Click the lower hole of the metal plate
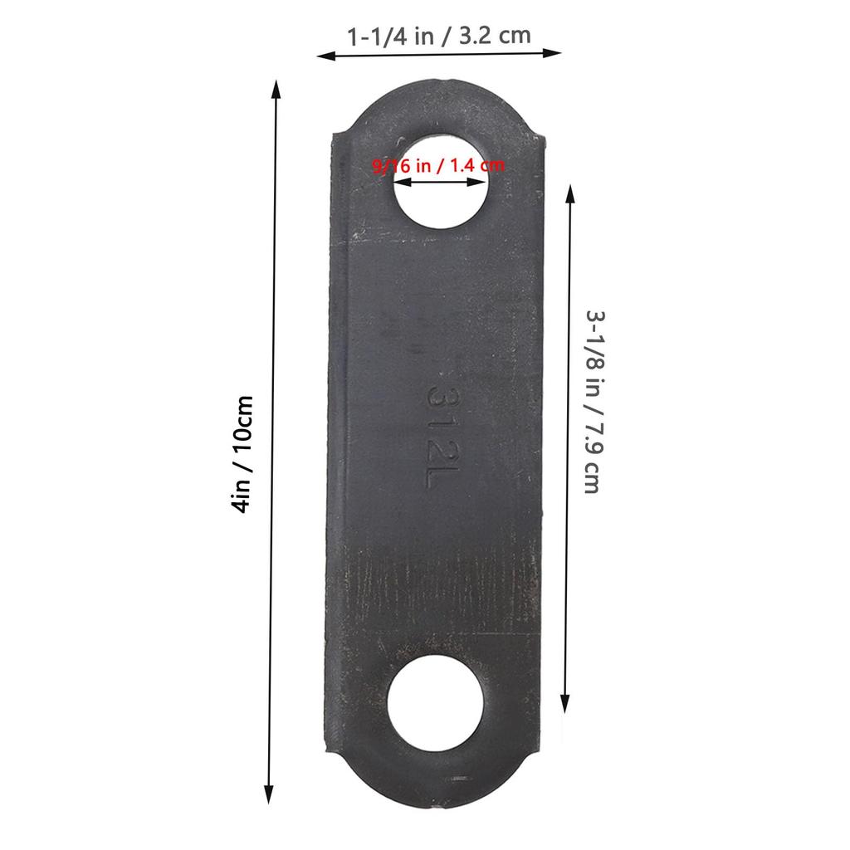click(437, 700)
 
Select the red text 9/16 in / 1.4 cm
click(438, 164)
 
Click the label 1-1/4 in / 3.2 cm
click(439, 36)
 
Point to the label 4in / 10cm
click(242, 453)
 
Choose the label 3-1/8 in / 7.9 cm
click(591, 402)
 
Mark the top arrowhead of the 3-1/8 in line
click(569, 192)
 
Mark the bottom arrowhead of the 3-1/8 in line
click(565, 698)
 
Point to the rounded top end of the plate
click(439, 104)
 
